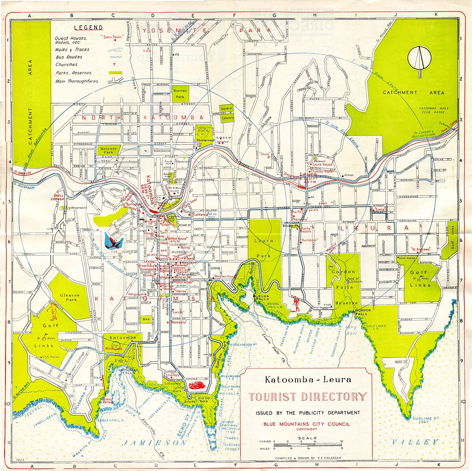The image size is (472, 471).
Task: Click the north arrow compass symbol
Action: [x=419, y=58]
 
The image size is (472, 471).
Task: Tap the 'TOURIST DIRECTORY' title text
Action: [x=308, y=396]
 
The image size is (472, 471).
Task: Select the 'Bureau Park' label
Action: [x=180, y=95]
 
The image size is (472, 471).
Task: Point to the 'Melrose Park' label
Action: [x=108, y=150]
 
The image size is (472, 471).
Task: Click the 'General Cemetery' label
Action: [x=227, y=113]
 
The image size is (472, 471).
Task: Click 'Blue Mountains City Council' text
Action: [x=307, y=423]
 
